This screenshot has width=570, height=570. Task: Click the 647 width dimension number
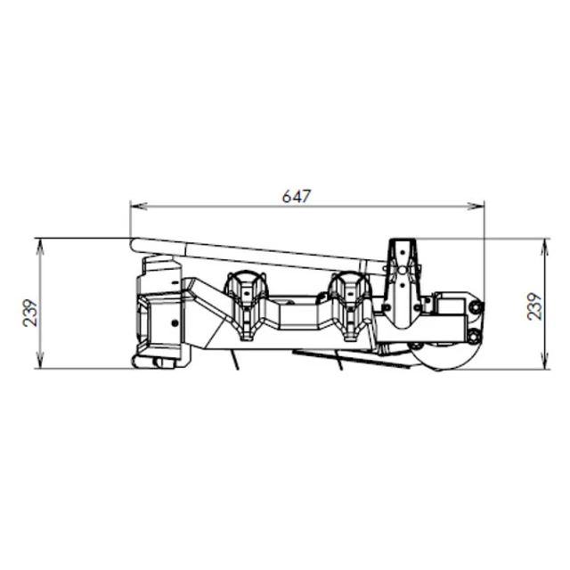pyautogui.click(x=297, y=195)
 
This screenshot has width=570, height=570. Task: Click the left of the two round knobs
pyautogui.click(x=247, y=289)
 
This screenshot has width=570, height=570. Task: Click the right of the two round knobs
pyautogui.click(x=349, y=289)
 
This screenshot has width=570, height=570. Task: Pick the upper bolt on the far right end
pyautogui.click(x=473, y=306)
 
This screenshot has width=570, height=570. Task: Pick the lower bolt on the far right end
pyautogui.click(x=473, y=335)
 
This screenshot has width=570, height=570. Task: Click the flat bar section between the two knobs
pyautogui.click(x=297, y=313)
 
